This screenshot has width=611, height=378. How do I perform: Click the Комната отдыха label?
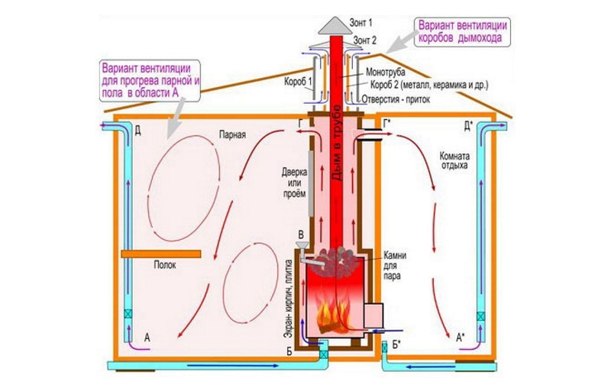point(454,160)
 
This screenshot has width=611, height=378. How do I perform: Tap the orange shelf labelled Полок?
point(160,253)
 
